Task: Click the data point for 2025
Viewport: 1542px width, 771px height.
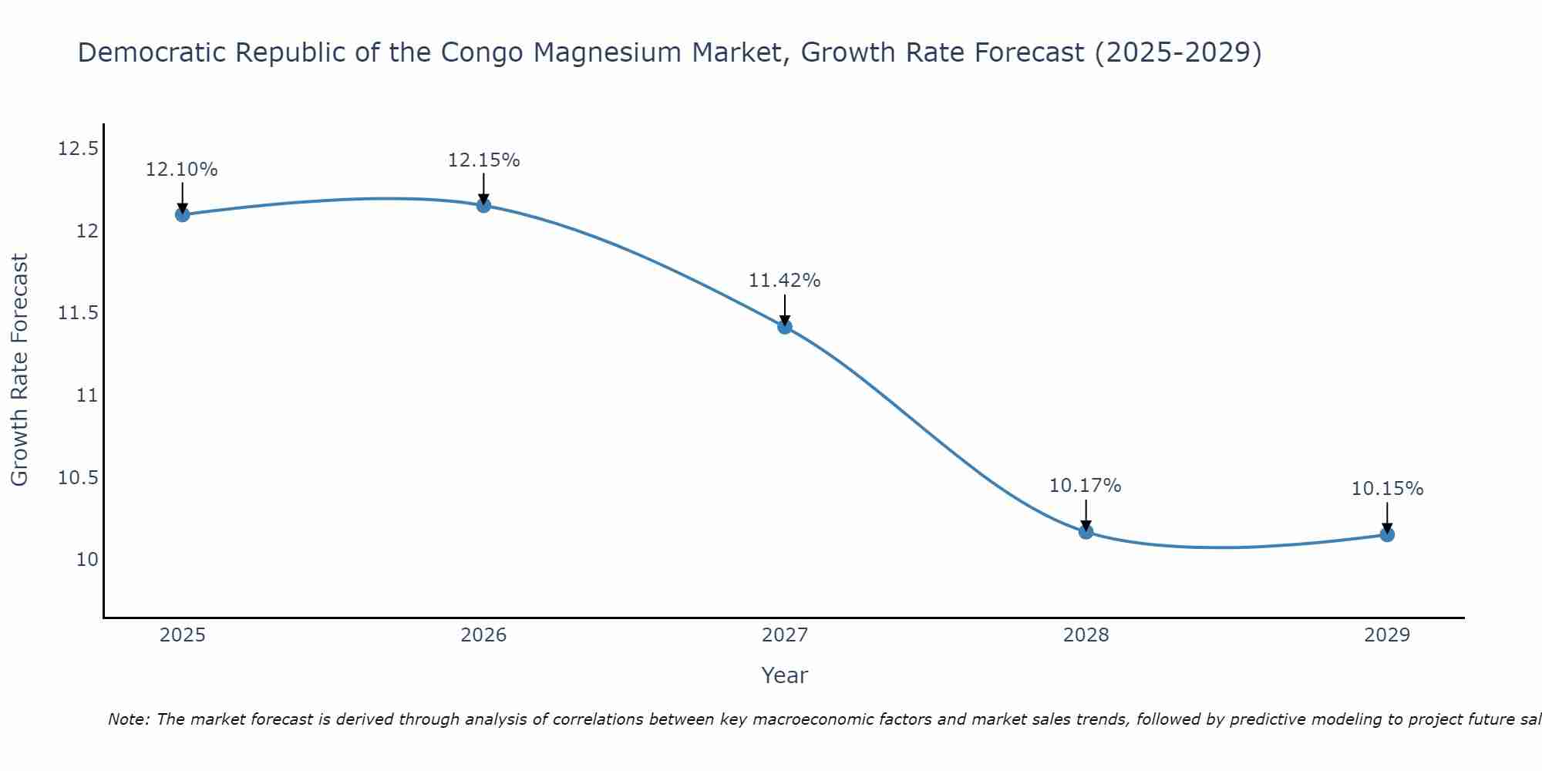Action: coord(182,214)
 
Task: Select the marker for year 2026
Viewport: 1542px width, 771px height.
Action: coord(483,205)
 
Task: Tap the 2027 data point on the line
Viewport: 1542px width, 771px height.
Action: coord(785,326)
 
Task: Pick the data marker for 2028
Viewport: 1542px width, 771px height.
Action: coord(1086,531)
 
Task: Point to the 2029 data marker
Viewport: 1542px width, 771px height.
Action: coord(1387,534)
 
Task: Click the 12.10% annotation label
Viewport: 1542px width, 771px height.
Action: coord(182,170)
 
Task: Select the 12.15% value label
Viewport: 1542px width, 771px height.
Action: coord(483,160)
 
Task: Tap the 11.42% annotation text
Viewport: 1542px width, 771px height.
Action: coord(785,281)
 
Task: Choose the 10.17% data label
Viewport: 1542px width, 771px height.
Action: coord(1086,486)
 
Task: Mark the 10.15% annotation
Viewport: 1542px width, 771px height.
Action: coord(1387,489)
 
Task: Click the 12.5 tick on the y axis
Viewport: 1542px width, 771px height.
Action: coord(79,148)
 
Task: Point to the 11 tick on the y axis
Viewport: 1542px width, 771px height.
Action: coord(87,396)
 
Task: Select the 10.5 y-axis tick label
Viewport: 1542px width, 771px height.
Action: coord(79,478)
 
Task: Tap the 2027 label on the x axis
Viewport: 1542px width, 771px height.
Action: coord(785,635)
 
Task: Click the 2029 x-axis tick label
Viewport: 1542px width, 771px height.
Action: coord(1387,635)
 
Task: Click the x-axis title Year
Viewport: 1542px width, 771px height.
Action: coord(785,675)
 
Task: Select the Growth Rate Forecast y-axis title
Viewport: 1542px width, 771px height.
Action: coord(20,370)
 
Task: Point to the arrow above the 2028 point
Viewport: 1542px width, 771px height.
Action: coord(1086,515)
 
